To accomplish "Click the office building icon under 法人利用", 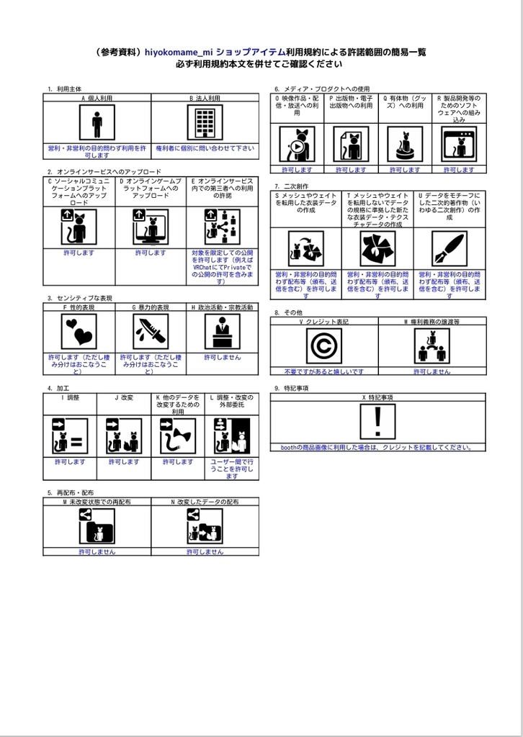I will (205, 122).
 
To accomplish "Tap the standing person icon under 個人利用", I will (97, 122).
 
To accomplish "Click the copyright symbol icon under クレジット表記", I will (323, 345).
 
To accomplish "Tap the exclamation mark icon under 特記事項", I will (377, 421).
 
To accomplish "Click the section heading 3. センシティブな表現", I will (80, 298).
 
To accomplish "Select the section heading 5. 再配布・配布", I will (70, 493).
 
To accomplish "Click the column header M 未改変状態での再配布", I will (97, 501).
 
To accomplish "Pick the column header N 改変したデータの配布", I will (205, 501).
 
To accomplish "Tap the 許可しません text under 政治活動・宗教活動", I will (222, 358).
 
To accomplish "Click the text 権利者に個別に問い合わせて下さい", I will (205, 148).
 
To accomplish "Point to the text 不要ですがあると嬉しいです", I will (323, 371).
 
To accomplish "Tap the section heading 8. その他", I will (288, 313).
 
